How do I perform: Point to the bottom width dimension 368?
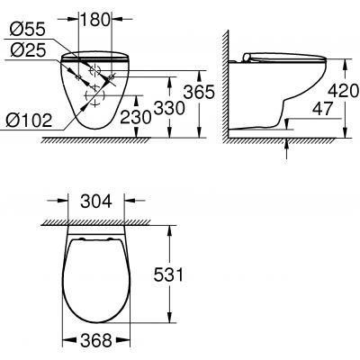(x=97, y=338)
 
